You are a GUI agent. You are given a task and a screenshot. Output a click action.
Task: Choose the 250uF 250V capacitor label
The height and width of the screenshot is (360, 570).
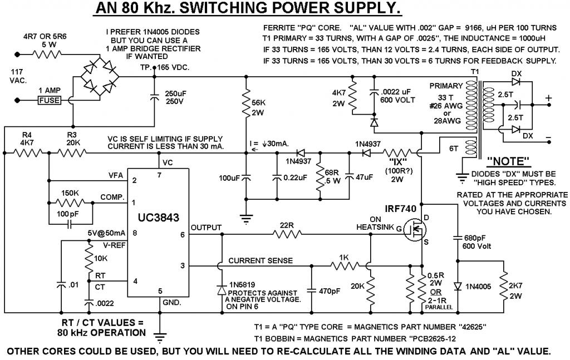point(179,97)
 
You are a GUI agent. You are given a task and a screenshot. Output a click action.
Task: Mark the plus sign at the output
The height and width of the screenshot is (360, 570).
point(548,98)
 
